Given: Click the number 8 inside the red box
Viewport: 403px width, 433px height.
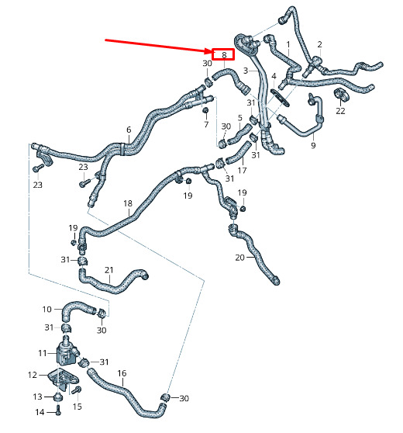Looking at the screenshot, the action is (224, 55).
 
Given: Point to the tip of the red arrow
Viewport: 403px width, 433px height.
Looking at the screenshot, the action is (212, 52).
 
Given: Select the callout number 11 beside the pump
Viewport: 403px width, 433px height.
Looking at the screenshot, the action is (43, 353).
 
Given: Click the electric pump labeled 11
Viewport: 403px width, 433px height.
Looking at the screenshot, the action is (67, 353).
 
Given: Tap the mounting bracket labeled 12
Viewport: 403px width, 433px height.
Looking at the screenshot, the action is (63, 378).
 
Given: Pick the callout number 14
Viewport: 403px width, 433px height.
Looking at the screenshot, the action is (40, 412).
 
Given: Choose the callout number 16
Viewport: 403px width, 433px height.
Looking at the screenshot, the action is (122, 373).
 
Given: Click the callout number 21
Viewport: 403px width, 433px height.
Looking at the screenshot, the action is (109, 270).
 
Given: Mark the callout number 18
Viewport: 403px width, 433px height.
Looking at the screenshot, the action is (128, 203).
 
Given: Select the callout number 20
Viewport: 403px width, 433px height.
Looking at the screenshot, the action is (240, 258).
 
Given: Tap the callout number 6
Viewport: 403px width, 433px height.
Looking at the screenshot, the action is (129, 130).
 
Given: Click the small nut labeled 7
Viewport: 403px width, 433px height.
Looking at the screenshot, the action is (205, 110).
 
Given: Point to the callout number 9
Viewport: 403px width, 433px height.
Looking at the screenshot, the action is (313, 145).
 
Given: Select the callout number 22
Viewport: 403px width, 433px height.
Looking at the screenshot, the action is (340, 111).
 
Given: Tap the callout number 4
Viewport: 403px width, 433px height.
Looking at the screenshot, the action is (274, 76).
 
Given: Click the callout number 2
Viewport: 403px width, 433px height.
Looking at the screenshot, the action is (319, 44).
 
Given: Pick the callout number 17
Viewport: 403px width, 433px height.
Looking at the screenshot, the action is (242, 171).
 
